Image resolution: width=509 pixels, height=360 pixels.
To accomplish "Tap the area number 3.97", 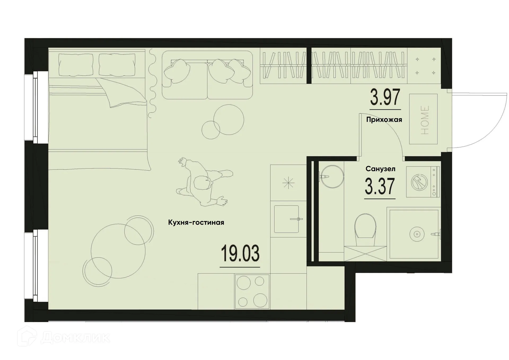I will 385,97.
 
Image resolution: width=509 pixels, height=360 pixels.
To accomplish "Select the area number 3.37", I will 380,186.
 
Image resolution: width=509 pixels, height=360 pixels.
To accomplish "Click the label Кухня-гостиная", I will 196,223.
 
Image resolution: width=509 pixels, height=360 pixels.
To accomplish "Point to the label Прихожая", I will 384,120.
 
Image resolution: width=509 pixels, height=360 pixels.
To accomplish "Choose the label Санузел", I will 380,169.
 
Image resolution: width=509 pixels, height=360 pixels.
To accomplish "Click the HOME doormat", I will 423,119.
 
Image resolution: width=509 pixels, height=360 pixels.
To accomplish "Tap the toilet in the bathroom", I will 365,229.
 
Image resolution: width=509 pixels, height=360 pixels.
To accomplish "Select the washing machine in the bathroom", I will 423,182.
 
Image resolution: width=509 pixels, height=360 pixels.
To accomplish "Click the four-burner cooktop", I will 252,292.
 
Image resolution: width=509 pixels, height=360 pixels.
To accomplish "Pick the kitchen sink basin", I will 286,219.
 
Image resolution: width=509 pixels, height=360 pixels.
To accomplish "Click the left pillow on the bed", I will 76,64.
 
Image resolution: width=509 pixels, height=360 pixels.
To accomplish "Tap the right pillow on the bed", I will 117,64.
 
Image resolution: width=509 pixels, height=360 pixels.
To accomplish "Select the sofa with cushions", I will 207,75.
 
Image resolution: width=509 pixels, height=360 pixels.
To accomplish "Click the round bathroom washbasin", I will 332,176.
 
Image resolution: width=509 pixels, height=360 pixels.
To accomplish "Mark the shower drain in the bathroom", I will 417,234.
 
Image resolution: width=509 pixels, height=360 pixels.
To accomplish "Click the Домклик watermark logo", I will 64,337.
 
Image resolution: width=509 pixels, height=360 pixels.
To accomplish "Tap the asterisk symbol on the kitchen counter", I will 288,183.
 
